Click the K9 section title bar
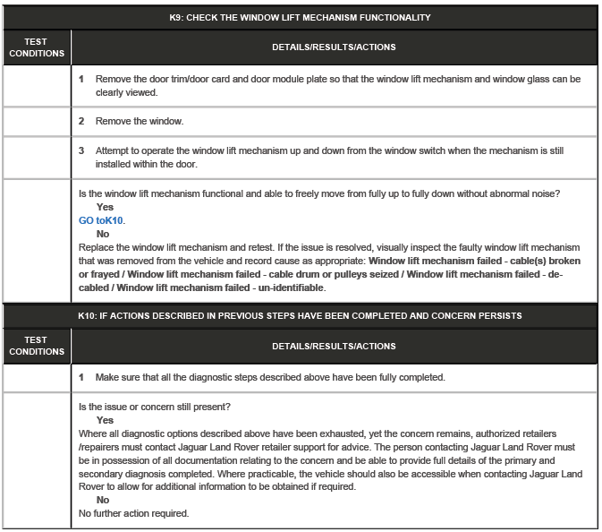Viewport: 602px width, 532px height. (300, 17)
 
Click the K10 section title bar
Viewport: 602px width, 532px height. (300, 315)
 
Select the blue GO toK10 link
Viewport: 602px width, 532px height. (102, 219)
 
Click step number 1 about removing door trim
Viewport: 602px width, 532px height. (81, 79)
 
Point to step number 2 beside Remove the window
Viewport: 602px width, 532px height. (81, 121)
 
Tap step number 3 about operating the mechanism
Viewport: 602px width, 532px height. (81, 150)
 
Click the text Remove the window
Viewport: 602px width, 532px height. (139, 121)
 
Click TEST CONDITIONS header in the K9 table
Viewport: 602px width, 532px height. (37, 47)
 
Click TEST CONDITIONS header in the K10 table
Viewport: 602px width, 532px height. (37, 346)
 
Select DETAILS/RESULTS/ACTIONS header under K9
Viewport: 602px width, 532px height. (334, 47)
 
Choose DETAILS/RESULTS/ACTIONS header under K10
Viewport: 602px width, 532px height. (334, 346)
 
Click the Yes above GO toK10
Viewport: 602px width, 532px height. (105, 207)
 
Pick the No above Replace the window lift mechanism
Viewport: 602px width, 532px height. (103, 234)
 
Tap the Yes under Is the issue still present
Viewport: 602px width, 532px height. (105, 420)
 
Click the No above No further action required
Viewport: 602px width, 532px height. (103, 500)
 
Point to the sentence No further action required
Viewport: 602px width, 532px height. (133, 513)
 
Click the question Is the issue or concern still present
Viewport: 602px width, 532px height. (155, 407)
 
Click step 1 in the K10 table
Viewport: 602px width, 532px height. (81, 377)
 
